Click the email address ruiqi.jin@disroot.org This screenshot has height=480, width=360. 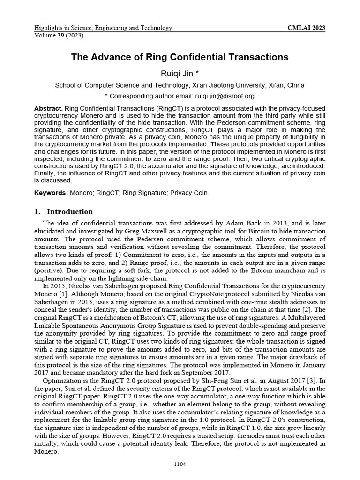pyautogui.click(x=219, y=96)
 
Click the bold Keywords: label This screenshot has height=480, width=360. pyautogui.click(x=51, y=193)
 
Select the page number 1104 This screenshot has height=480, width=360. pyautogui.click(x=180, y=464)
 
